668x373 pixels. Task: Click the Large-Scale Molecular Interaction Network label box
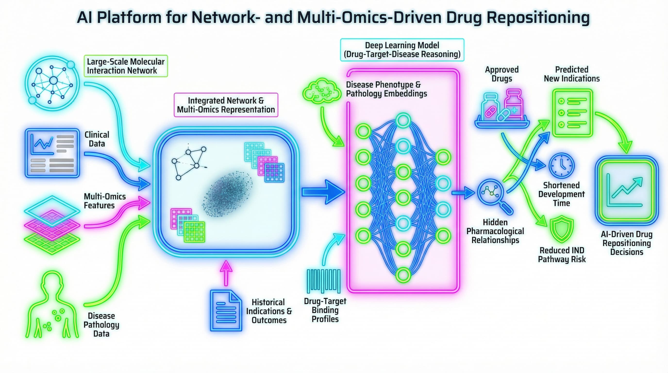tap(126, 66)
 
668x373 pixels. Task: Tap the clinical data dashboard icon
tap(52, 153)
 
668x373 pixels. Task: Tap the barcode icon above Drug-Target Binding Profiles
tap(323, 281)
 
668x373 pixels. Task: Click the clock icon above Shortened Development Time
tap(561, 165)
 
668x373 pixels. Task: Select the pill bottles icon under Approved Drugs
tap(502, 109)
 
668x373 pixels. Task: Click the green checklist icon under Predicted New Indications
tap(572, 113)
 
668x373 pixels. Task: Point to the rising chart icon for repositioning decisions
tap(626, 191)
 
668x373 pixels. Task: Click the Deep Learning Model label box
tap(402, 50)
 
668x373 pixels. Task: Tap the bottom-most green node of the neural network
tap(403, 275)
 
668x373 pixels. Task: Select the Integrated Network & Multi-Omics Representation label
tap(226, 105)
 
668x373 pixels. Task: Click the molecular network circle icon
tap(52, 83)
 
